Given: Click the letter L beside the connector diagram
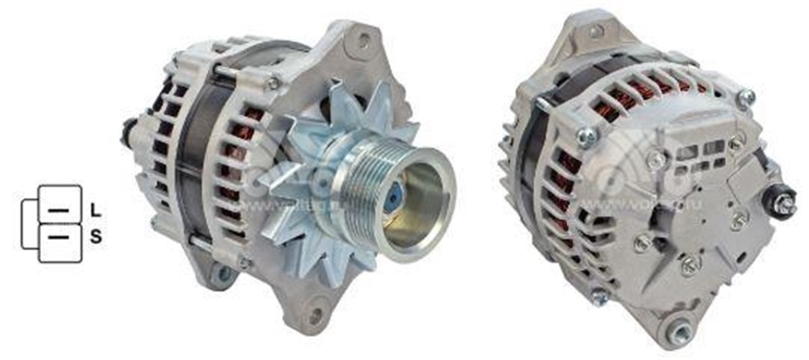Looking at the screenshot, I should (x=96, y=210).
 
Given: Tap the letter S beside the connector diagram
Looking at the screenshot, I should (x=96, y=237).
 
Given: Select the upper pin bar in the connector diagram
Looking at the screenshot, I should (x=59, y=210).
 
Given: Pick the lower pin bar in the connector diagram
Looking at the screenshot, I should (x=59, y=237).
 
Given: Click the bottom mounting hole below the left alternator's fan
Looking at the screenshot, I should (x=314, y=314).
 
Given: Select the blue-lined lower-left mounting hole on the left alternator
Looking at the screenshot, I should (x=220, y=274).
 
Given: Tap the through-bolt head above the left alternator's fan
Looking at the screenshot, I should (x=272, y=84).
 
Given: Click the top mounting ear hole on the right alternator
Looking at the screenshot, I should (x=594, y=31).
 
